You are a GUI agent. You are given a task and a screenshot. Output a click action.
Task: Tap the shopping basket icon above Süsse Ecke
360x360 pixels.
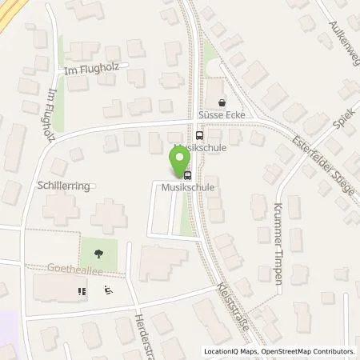pyautogui.click(x=222, y=102)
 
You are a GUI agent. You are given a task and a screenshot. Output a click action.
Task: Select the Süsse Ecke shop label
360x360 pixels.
pyautogui.click(x=224, y=114)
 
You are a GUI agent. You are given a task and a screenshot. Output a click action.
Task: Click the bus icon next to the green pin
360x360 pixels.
pyautogui.click(x=187, y=175)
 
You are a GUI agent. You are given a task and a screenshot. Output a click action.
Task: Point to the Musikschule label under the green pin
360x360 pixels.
pyautogui.click(x=190, y=187)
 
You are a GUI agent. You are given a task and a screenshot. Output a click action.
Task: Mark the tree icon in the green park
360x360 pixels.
pyautogui.click(x=97, y=254)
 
